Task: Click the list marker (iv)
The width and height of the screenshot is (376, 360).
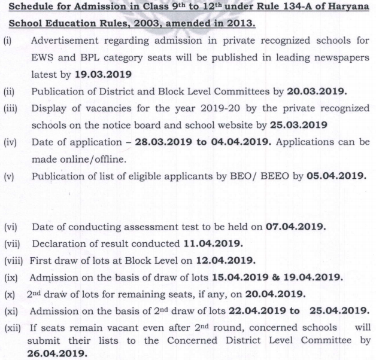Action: click(10, 142)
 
